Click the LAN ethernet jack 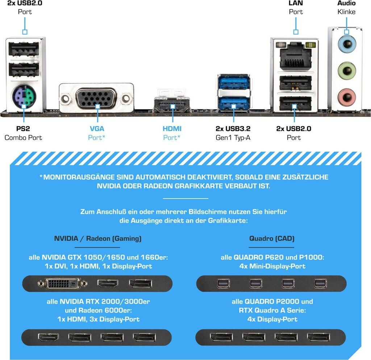[x=296, y=56]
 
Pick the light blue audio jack [x=347, y=44]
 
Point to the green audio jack [x=347, y=71]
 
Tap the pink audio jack [x=347, y=97]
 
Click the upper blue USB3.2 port [x=234, y=82]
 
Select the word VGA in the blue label [x=97, y=129]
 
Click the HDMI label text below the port [x=172, y=129]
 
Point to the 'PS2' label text [x=23, y=129]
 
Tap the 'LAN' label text [x=296, y=3]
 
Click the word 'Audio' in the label [x=346, y=3]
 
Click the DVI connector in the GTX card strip [x=63, y=283]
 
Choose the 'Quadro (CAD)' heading [x=272, y=238]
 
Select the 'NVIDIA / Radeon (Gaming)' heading [x=98, y=238]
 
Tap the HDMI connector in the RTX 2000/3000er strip [x=48, y=337]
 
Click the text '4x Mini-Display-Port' [x=272, y=266]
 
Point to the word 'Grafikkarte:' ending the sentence [x=228, y=221]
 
